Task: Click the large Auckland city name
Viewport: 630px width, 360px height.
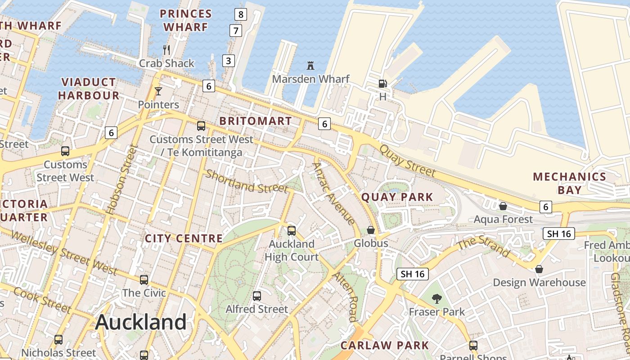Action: coord(141,322)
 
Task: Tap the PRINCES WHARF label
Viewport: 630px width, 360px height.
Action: coord(186,21)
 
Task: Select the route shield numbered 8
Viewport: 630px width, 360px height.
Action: coord(241,14)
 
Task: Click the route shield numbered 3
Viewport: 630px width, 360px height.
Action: coord(229,60)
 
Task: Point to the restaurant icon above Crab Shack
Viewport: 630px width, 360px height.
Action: coord(166,49)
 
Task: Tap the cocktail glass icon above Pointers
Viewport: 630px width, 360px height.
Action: coord(158,91)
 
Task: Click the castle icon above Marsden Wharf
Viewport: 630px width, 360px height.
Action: coord(310,66)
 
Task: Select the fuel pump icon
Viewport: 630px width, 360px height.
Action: coord(382,83)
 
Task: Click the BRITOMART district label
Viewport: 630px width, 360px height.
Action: coord(255,121)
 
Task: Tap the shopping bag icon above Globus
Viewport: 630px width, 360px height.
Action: coord(371,230)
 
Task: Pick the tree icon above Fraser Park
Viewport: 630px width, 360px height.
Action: coord(436,298)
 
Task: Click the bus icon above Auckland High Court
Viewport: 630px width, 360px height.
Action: coord(292,231)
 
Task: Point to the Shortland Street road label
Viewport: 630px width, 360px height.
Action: coord(246,181)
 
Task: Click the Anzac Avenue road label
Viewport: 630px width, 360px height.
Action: coord(333,193)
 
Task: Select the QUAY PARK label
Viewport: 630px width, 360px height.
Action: coord(397,197)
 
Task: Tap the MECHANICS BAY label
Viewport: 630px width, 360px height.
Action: coord(570,183)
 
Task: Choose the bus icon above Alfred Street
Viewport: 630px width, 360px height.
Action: coord(257,296)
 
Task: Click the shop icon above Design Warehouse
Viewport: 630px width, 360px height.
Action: coord(539,269)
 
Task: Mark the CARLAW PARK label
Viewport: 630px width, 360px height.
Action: coord(385,346)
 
